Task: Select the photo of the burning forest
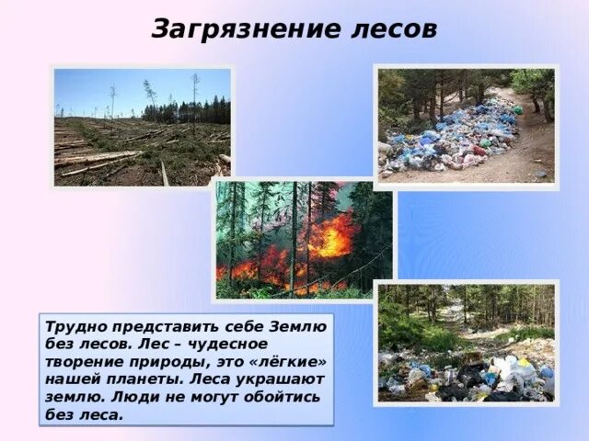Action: tap(304, 239)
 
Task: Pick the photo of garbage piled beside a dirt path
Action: tap(466, 127)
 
